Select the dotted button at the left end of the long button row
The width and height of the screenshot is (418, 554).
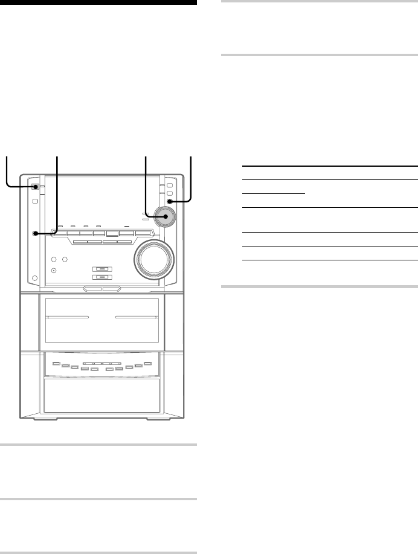pos(37,233)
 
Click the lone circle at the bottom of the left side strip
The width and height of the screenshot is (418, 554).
pos(35,279)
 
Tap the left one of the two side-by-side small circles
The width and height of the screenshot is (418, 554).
pos(54,260)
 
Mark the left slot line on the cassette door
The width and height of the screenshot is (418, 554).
pos(66,317)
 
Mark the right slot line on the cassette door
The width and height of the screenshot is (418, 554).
pos(136,317)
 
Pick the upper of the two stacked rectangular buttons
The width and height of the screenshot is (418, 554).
pos(101,269)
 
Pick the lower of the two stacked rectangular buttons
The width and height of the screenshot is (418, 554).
pos(101,278)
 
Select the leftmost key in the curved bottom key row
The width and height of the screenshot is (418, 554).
pos(56,363)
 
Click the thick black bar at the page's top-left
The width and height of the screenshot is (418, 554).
pos(98,2)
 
